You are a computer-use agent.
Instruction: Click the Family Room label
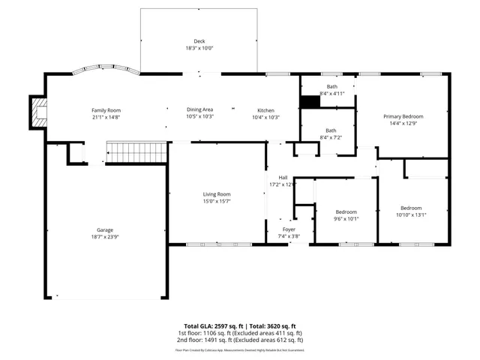click(x=106, y=110)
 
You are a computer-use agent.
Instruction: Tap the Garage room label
click(x=104, y=229)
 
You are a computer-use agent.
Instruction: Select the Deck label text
click(x=199, y=40)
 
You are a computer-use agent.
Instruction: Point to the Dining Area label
click(x=199, y=110)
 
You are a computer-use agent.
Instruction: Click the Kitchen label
click(x=265, y=110)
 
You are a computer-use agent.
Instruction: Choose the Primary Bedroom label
click(x=403, y=116)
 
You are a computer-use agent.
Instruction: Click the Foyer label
click(x=289, y=229)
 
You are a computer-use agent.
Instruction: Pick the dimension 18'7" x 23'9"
click(x=104, y=236)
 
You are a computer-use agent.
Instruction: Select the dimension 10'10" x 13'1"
click(x=410, y=214)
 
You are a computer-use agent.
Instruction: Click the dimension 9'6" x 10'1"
click(x=346, y=219)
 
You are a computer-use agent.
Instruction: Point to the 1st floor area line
click(x=239, y=333)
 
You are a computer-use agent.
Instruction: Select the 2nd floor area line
click(x=239, y=340)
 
